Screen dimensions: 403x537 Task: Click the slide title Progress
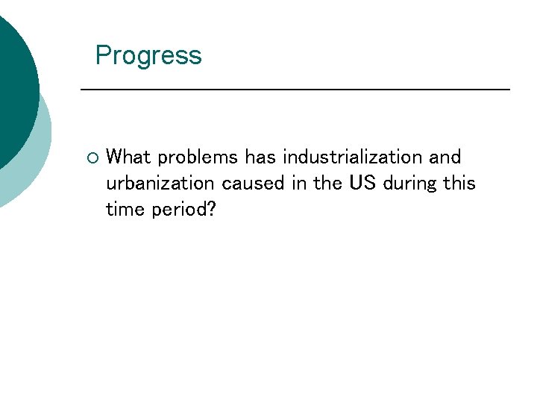coord(148,56)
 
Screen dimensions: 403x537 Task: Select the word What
coord(129,157)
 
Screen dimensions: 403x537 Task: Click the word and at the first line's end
coord(445,157)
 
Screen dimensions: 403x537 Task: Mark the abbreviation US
coord(363,184)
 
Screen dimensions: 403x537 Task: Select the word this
coord(459,184)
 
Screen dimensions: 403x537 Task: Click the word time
coord(126,210)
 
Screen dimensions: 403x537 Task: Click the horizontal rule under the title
coord(295,90)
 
